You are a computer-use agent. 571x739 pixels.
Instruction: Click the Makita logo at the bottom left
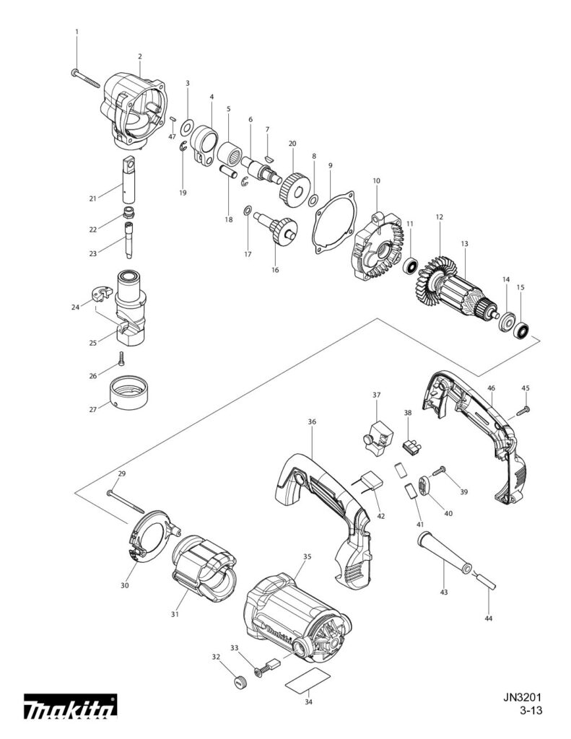pos(70,707)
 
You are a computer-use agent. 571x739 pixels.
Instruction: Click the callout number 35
pos(307,557)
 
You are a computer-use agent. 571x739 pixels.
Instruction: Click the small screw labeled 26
pos(122,357)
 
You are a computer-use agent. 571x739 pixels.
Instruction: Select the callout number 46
pos(491,388)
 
